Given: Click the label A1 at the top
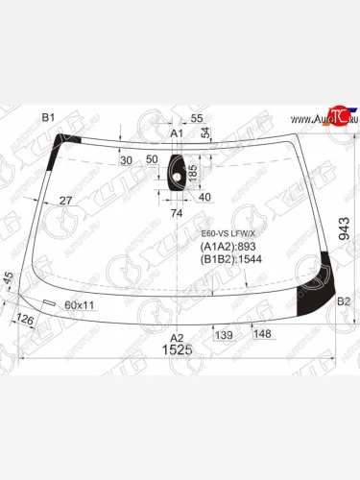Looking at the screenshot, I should (x=176, y=132).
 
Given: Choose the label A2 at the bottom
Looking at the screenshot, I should (x=177, y=337).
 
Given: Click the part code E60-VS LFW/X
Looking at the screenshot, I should (x=227, y=232).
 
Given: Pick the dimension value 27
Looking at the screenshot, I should (x=65, y=201).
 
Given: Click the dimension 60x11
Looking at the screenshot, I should (x=80, y=304).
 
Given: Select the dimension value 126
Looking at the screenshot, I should (x=28, y=318).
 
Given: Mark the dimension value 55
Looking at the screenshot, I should (x=196, y=118).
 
